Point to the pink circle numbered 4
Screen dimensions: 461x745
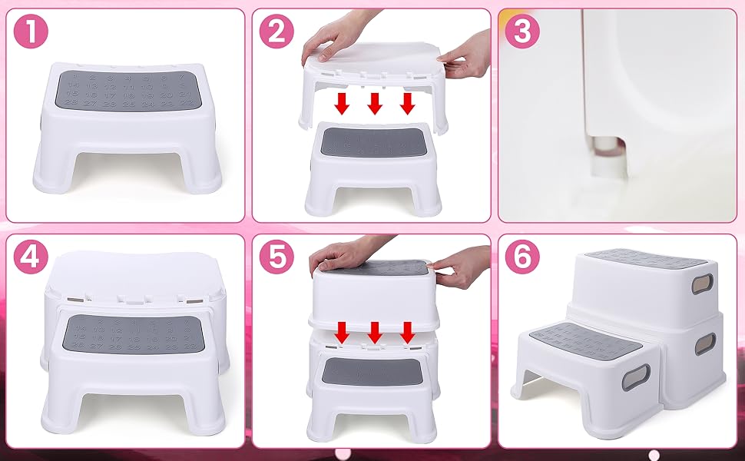[31, 257]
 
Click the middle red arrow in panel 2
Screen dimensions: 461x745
[375, 102]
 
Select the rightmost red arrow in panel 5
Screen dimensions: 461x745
[408, 332]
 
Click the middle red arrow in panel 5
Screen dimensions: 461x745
[375, 332]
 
